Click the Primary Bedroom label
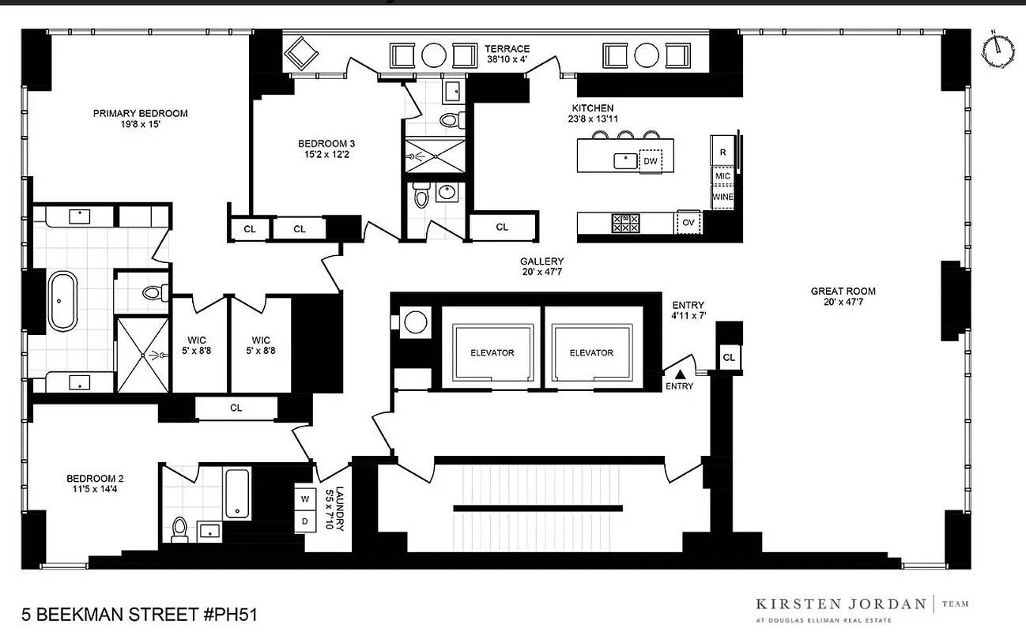click(x=130, y=114)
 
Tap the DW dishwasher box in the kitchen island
click(x=651, y=161)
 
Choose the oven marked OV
click(x=688, y=224)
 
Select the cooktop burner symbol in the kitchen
click(x=625, y=224)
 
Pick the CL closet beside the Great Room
click(x=729, y=358)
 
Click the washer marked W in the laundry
click(x=304, y=498)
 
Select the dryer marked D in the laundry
click(x=304, y=522)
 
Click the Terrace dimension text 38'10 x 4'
click(x=507, y=60)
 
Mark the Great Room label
click(x=843, y=292)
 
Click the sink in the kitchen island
click(x=626, y=160)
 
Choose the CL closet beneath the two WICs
click(x=236, y=408)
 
